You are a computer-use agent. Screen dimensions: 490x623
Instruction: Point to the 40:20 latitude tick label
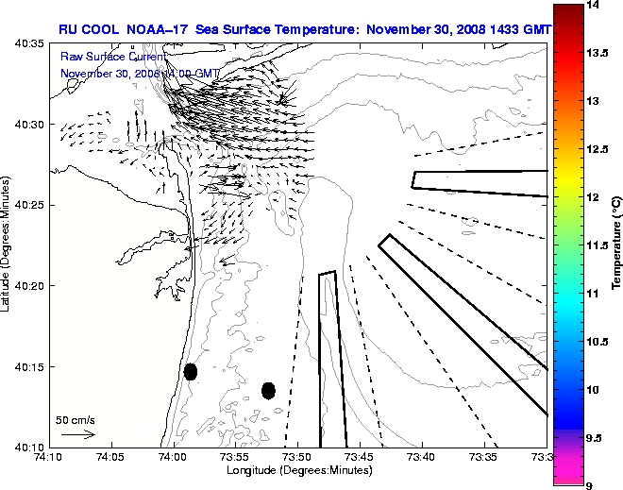[30, 285]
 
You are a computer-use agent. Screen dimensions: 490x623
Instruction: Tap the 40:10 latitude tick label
[30, 447]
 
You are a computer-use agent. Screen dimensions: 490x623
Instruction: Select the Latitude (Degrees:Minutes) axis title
[8, 245]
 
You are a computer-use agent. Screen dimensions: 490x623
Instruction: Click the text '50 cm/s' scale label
[76, 419]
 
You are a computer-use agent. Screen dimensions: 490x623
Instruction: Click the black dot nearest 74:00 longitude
[191, 371]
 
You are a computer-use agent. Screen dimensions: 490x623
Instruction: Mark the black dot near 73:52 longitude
[268, 390]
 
